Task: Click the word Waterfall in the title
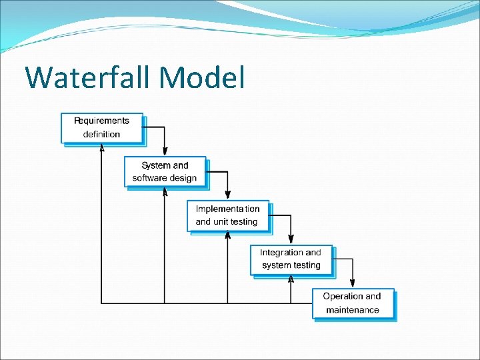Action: [x=88, y=77]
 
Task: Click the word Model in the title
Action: [x=203, y=77]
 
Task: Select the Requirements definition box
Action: [x=102, y=128]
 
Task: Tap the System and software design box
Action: [x=165, y=171]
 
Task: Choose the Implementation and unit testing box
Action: [x=228, y=215]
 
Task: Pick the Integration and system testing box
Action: [x=291, y=259]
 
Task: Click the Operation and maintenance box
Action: [x=353, y=303]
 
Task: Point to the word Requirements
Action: [x=101, y=121]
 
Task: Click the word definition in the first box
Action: [x=101, y=134]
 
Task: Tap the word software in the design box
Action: [x=151, y=178]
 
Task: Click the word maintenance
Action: [x=353, y=310]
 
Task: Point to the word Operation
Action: [x=343, y=296]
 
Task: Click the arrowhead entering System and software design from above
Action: [x=165, y=153]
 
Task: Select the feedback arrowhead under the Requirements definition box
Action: [x=101, y=148]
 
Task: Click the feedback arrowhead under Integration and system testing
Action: [x=291, y=279]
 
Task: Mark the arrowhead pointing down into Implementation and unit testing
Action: [x=228, y=197]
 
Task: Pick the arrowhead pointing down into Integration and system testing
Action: [x=291, y=241]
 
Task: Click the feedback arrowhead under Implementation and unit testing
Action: [x=227, y=235]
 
